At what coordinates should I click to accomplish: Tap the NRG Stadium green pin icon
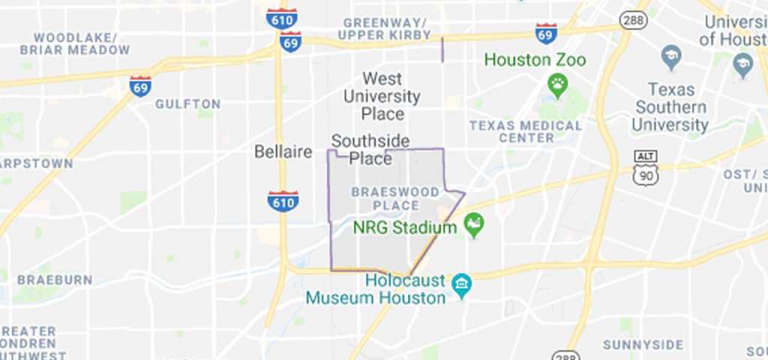coord(473,223)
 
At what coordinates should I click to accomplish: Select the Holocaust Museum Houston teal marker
coord(462,285)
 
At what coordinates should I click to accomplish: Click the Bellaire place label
coord(283,152)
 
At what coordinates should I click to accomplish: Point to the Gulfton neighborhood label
coord(187,103)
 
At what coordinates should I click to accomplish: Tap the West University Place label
coord(382,96)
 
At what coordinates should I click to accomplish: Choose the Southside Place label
coord(370,149)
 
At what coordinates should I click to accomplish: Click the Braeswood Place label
coord(395,198)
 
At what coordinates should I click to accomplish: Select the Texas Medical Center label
coord(526,131)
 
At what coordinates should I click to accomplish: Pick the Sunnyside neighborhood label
coord(643,345)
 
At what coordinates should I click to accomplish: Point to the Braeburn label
coord(55,280)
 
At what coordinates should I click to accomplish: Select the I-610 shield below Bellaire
coord(283,200)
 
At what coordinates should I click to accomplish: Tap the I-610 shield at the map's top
coord(281,17)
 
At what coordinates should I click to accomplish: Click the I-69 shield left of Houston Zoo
coord(546,33)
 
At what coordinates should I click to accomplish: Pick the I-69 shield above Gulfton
coord(140,85)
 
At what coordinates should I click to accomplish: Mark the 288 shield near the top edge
coord(634,20)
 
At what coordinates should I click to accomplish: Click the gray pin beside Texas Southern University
coord(671,56)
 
